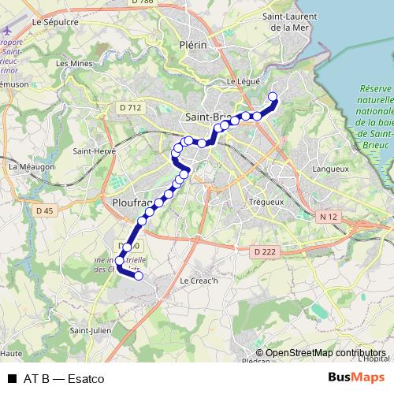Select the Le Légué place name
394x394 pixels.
pyautogui.click(x=242, y=80)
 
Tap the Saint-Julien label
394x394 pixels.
pyautogui.click(x=90, y=330)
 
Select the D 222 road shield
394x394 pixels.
pyautogui.click(x=267, y=251)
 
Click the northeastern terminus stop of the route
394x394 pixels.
pyautogui.click(x=273, y=98)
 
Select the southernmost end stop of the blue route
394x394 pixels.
pyautogui.click(x=139, y=276)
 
